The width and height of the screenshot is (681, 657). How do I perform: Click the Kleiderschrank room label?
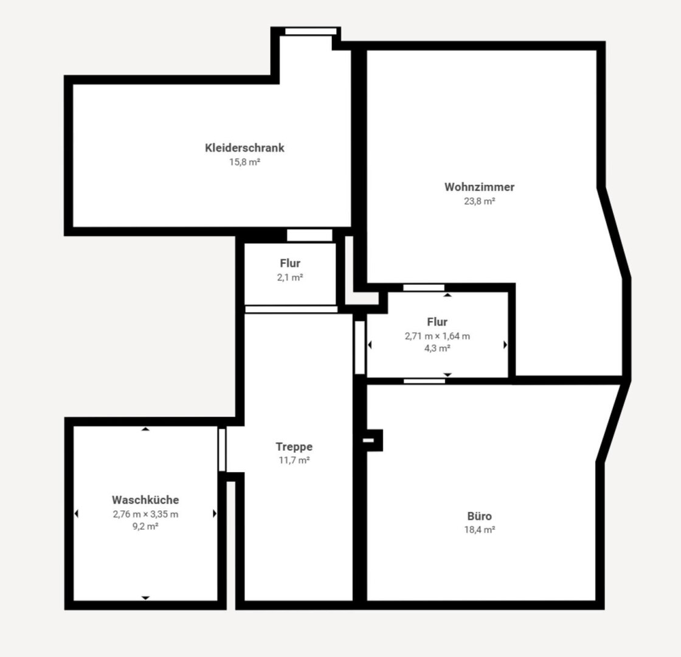pyautogui.click(x=244, y=148)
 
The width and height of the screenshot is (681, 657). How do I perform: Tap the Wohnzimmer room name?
pyautogui.click(x=480, y=187)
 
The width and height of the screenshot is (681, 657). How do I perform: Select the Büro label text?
pyautogui.click(x=480, y=516)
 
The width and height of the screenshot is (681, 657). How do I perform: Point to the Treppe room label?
pyautogui.click(x=294, y=447)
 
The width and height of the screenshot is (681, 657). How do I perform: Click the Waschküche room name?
pyautogui.click(x=145, y=499)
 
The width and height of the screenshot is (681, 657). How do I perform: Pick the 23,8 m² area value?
pyautogui.click(x=480, y=201)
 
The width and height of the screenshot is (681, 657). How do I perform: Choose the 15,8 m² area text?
pyautogui.click(x=244, y=162)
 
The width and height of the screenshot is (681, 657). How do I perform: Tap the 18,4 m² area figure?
pyautogui.click(x=480, y=530)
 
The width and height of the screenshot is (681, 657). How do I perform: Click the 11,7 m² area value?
pyautogui.click(x=294, y=460)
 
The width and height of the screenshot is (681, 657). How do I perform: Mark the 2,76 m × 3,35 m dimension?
pyautogui.click(x=145, y=514)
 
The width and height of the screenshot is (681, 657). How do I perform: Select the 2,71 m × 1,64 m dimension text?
pyautogui.click(x=437, y=336)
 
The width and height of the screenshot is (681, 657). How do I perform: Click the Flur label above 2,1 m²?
pyautogui.click(x=290, y=263)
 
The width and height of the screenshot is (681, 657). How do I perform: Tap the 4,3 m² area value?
pyautogui.click(x=437, y=348)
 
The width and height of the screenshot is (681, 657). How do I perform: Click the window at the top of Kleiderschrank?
pyautogui.click(x=311, y=31)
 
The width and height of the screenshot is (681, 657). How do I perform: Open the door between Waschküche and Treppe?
pyautogui.click(x=222, y=450)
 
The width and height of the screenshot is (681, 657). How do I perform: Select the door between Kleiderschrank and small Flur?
pyautogui.click(x=309, y=235)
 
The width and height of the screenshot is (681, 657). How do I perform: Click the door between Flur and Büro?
pyautogui.click(x=424, y=381)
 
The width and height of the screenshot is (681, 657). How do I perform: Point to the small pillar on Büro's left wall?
pyautogui.click(x=373, y=440)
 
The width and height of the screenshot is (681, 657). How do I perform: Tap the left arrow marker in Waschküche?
pyautogui.click(x=77, y=513)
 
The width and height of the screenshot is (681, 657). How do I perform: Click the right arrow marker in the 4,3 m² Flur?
pyautogui.click(x=505, y=344)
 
